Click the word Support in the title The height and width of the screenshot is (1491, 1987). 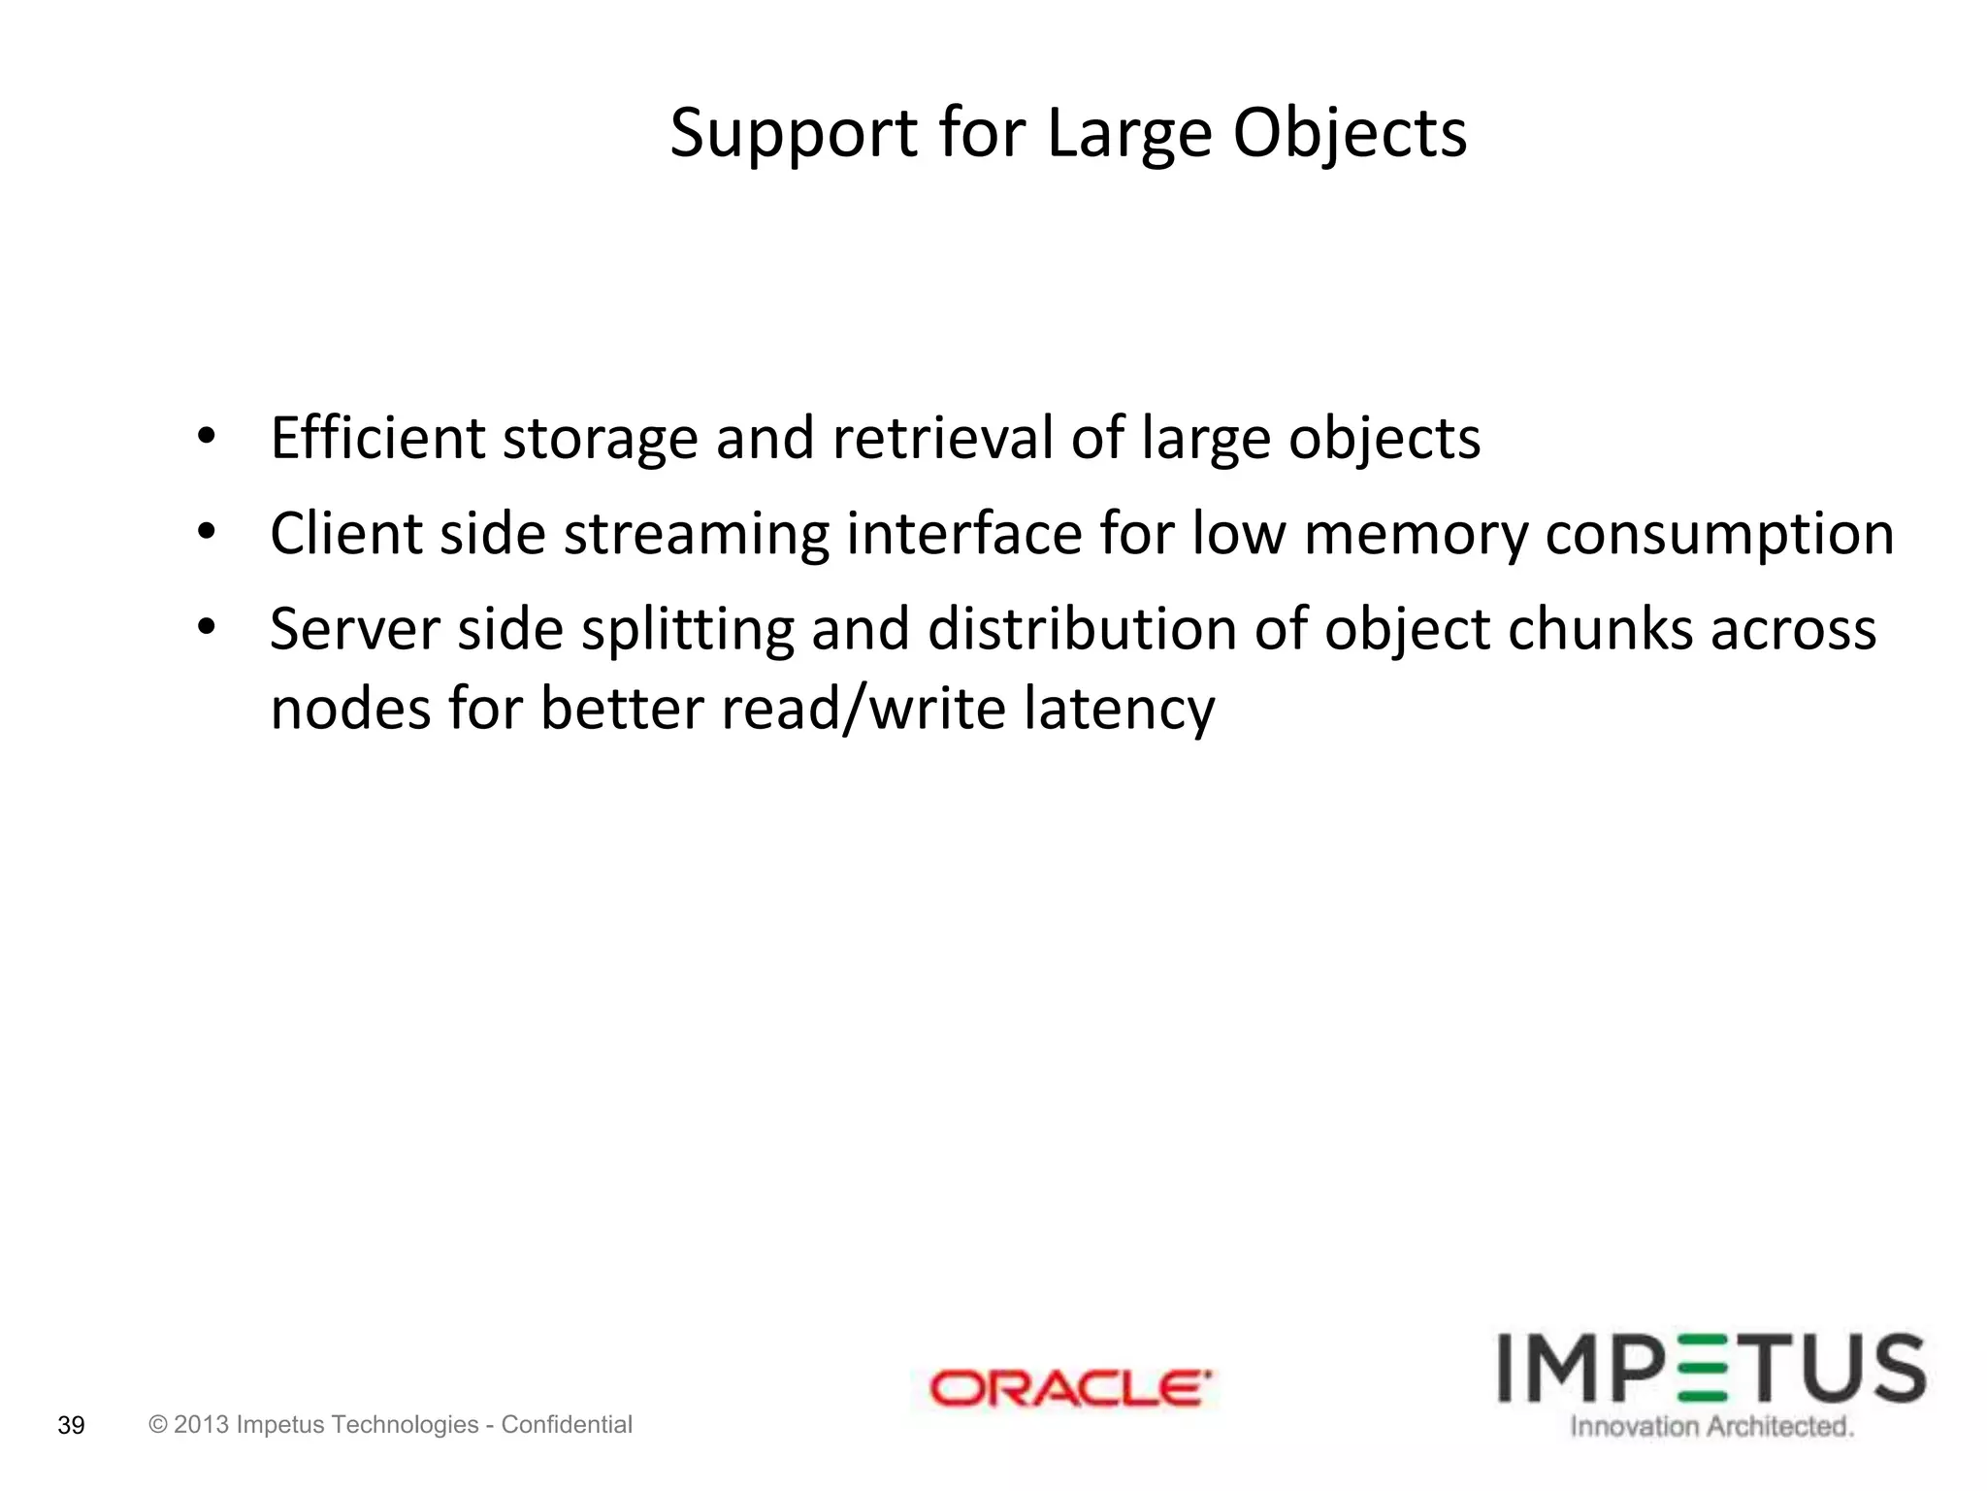[x=793, y=133]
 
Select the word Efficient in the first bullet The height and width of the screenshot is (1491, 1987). [x=376, y=438]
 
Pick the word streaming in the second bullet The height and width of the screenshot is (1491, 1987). [x=696, y=535]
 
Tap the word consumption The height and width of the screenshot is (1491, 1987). [x=1719, y=535]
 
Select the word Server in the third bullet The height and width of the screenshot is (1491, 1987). [x=354, y=629]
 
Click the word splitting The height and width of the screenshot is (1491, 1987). [x=687, y=630]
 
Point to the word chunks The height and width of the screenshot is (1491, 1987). [x=1599, y=629]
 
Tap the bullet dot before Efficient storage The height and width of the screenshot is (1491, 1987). [x=205, y=438]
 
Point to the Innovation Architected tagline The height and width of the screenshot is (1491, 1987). [x=1711, y=1427]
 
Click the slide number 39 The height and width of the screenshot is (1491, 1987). [x=72, y=1426]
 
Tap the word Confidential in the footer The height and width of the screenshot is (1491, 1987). [x=567, y=1424]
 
